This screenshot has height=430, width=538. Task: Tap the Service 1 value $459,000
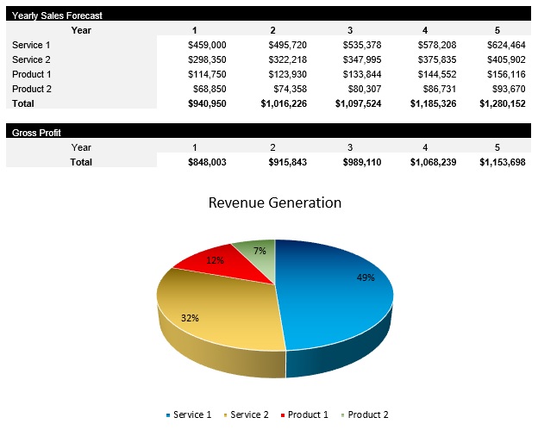[x=207, y=45]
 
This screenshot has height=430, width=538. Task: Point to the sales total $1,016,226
[x=284, y=103]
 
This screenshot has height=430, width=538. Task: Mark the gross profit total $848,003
[x=207, y=162]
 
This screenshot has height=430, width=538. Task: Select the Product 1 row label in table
[x=32, y=74]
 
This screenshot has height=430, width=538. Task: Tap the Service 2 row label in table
[x=32, y=59]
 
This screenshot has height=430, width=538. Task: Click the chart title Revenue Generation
[x=275, y=203]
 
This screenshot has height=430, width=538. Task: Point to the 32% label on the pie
[x=190, y=318]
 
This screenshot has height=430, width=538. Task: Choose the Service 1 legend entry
[x=188, y=414]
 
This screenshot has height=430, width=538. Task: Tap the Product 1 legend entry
[x=303, y=414]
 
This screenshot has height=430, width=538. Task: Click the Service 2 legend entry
[x=246, y=414]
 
